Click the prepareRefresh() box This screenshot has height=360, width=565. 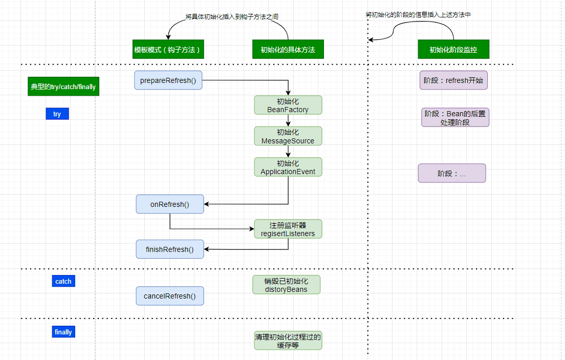(x=168, y=80)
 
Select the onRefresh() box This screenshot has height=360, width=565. (x=170, y=204)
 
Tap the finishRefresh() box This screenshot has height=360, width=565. (x=170, y=249)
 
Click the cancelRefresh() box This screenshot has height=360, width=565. (x=170, y=296)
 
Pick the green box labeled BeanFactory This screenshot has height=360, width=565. (x=288, y=105)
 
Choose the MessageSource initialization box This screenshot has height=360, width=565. (x=288, y=136)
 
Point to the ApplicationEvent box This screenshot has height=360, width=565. (x=288, y=167)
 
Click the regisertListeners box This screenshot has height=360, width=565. (x=288, y=229)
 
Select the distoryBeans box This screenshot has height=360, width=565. (x=286, y=285)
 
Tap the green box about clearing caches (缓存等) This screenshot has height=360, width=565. (x=288, y=341)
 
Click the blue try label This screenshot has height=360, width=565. (x=57, y=114)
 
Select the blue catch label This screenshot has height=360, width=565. (x=63, y=281)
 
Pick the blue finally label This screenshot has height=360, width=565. (x=63, y=332)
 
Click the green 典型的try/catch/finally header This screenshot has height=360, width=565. (x=63, y=87)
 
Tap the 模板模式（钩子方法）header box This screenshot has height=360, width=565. (x=168, y=49)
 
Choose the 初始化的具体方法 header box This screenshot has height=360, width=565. (x=288, y=49)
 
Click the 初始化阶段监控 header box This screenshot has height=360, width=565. (x=453, y=49)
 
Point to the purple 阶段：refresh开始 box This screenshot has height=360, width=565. (x=453, y=80)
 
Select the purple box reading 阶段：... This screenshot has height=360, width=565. (x=452, y=173)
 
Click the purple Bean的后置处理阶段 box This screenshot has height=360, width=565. (x=455, y=118)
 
